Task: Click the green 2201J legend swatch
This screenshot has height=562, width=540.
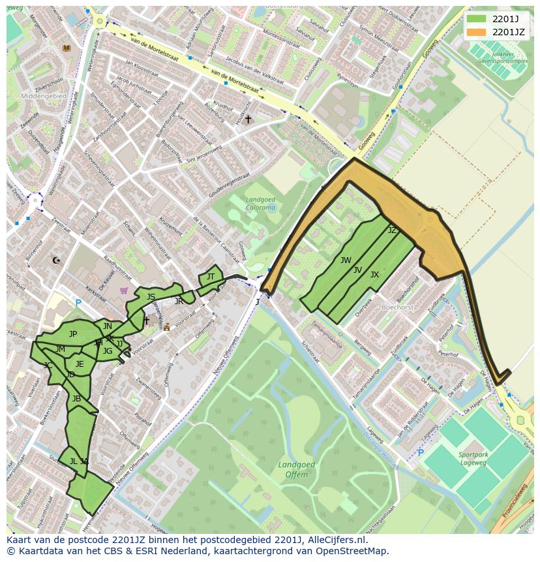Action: (x=477, y=19)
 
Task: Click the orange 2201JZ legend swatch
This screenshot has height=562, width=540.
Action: (x=477, y=31)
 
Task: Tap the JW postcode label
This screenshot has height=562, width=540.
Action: (x=346, y=260)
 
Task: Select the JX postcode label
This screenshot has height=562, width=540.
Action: (x=374, y=275)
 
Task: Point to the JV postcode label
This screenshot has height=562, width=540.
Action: (x=357, y=270)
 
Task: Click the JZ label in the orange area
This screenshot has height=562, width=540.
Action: (x=392, y=230)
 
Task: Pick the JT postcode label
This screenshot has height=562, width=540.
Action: (x=211, y=277)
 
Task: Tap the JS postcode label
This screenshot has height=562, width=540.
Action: (x=151, y=297)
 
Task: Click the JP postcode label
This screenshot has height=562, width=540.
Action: (x=73, y=334)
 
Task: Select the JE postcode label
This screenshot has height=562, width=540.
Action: (x=80, y=364)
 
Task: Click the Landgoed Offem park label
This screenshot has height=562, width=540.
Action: (x=297, y=470)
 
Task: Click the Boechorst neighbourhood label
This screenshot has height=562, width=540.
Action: (x=398, y=306)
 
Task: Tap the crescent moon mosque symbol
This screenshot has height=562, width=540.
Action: (x=56, y=260)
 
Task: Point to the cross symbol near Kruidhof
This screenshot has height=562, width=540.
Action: (x=248, y=119)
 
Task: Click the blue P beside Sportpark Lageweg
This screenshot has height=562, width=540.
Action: (x=421, y=452)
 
